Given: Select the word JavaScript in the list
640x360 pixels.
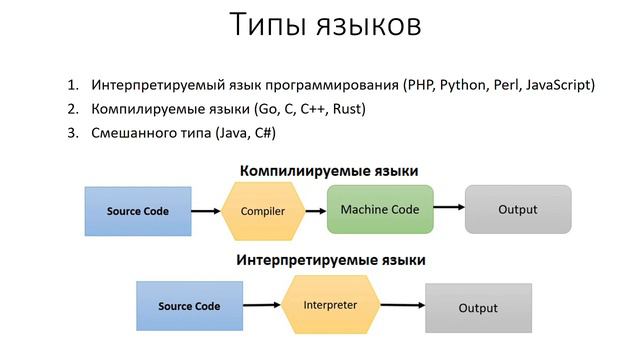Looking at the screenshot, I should pos(556,85).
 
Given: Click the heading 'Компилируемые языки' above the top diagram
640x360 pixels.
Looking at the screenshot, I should pos(328,171).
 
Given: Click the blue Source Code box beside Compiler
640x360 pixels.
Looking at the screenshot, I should pos(138,211).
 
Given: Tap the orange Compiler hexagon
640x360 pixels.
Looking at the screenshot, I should pos(263,211).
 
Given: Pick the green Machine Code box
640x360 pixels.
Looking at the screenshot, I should pos(380,210).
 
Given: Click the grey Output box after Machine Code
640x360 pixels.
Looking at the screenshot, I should pos(517,210).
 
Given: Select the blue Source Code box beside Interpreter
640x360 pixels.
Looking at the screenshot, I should pos(188,306).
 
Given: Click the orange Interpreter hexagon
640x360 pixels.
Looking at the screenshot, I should pos(329,304).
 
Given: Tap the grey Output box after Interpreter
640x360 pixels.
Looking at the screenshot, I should pos(477,308).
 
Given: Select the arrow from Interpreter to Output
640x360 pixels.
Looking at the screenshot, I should pos(399,306).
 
